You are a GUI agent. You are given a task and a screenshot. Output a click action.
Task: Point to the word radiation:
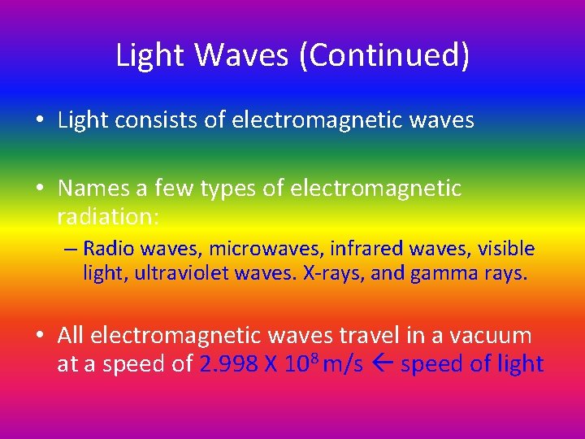pos(108,217)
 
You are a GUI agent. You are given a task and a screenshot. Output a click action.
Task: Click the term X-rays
pos(333,274)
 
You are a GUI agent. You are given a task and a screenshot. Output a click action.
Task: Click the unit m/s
pos(343,363)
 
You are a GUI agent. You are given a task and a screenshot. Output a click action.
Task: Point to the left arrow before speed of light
pos(382,363)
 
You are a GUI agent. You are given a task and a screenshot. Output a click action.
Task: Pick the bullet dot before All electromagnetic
pos(40,335)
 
